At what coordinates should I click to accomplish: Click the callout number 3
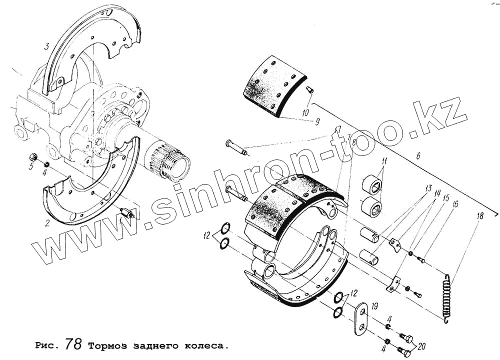tap(46, 47)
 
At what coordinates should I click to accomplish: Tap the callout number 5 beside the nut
tap(31, 166)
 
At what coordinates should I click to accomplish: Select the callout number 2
tap(47, 223)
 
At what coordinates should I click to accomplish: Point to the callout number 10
tap(306, 113)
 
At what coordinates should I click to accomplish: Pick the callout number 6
tap(417, 156)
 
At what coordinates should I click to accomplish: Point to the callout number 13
tap(428, 189)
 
